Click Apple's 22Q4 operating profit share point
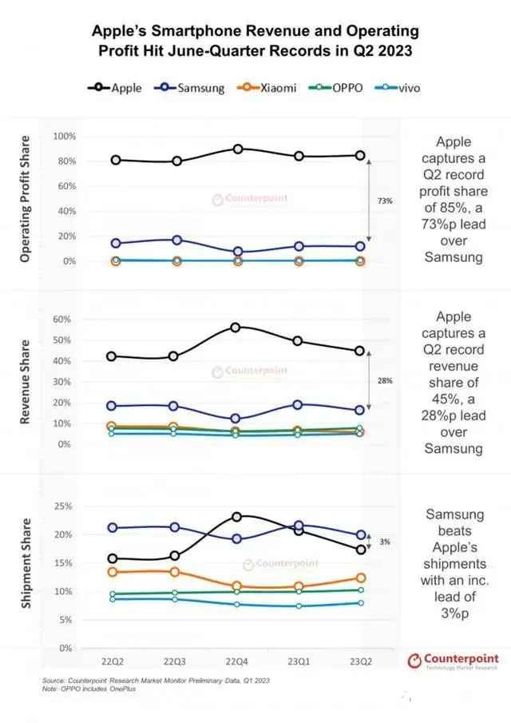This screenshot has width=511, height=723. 238,149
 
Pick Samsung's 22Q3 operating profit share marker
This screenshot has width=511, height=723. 177,240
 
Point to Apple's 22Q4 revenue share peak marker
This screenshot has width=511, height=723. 236,328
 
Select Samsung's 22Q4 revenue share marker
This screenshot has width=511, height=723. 236,419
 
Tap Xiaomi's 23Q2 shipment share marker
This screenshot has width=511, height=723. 360,578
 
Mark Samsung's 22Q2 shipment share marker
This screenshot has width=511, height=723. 113,528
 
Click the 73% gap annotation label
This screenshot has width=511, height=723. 385,201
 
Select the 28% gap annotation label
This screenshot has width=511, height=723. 385,381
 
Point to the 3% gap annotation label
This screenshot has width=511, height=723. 385,542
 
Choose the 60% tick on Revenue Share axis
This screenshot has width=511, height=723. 63,319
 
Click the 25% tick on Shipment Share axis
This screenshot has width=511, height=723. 63,506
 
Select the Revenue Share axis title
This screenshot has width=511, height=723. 26,379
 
